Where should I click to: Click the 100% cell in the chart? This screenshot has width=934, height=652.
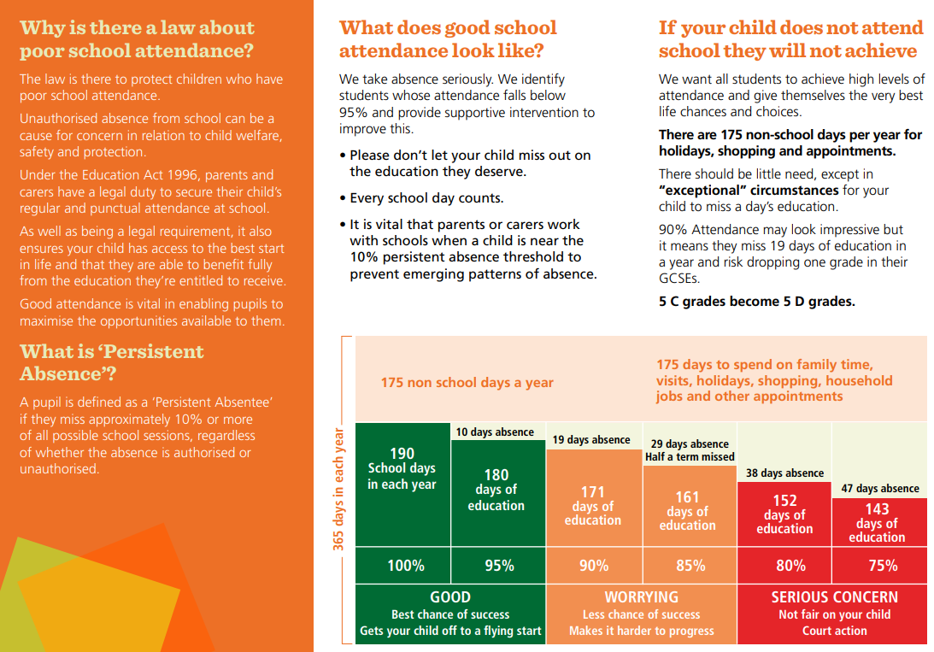pos(405,566)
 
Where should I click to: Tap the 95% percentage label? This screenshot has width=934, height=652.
pos(498,566)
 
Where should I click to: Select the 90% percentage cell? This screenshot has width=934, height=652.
pos(594,566)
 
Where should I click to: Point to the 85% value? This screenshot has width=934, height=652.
pos(690,566)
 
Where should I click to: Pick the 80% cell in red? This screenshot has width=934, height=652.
pos(790,566)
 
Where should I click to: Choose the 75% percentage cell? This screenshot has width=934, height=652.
pos(883,566)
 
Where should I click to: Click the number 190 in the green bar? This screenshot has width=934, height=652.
pos(402,454)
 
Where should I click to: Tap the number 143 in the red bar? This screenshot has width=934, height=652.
pos(877,509)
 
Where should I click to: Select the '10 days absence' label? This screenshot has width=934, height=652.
pos(495,432)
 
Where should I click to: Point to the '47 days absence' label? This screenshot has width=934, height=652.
pos(879,489)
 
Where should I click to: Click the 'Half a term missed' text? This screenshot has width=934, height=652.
pos(690,457)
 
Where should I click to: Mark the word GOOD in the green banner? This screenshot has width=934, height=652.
pos(450,597)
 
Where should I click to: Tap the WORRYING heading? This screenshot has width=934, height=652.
pos(641,597)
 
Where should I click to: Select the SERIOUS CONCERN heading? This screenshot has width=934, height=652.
pos(834,597)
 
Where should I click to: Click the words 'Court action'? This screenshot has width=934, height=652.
pos(834,631)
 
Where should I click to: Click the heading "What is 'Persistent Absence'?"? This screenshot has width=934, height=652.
pos(111,362)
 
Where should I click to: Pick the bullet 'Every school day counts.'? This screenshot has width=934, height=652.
pos(426,198)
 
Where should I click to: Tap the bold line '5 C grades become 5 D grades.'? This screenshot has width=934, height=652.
pos(756,302)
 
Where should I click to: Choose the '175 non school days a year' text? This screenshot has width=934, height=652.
pos(467,383)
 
